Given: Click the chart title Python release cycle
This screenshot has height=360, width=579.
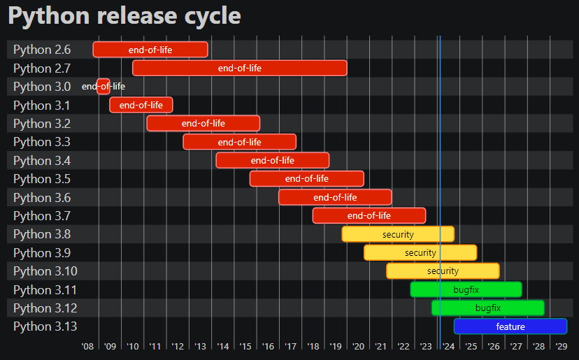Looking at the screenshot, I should pyautogui.click(x=124, y=16).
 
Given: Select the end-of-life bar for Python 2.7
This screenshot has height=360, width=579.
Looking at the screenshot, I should pyautogui.click(x=239, y=68).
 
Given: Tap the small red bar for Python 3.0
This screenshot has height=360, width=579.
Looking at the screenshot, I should pyautogui.click(x=103, y=87).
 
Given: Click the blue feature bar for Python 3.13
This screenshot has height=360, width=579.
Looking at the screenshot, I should pyautogui.click(x=510, y=326).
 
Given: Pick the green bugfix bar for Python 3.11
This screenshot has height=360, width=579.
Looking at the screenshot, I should pyautogui.click(x=466, y=289).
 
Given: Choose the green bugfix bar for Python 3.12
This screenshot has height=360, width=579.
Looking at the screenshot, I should pyautogui.click(x=488, y=308).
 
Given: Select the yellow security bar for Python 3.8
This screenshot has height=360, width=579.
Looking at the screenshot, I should pyautogui.click(x=398, y=234).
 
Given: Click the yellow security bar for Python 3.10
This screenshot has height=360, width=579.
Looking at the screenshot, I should pyautogui.click(x=443, y=271).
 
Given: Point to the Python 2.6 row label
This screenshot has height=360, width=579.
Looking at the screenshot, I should pyautogui.click(x=42, y=50).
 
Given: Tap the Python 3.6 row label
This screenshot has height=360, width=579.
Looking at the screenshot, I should pyautogui.click(x=42, y=198).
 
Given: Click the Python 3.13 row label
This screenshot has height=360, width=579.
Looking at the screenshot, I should pyautogui.click(x=45, y=326).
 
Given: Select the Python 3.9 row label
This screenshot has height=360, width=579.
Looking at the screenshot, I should pyautogui.click(x=42, y=253).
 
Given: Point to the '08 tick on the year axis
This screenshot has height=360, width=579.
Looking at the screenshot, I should pyautogui.click(x=87, y=346).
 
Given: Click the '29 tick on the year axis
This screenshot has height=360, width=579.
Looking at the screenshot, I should pyautogui.click(x=561, y=346).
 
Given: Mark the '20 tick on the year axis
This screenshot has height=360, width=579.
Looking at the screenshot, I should pyautogui.click(x=358, y=346).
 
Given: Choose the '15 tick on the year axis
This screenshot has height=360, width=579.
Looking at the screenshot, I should pyautogui.click(x=245, y=346).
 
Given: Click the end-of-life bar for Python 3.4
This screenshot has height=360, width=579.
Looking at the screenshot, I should pyautogui.click(x=272, y=160).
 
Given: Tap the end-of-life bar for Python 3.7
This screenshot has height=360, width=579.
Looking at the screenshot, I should pyautogui.click(x=369, y=215).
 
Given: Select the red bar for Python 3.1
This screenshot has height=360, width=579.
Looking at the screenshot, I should pyautogui.click(x=141, y=105).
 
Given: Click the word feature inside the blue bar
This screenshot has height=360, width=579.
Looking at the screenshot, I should pyautogui.click(x=510, y=326).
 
